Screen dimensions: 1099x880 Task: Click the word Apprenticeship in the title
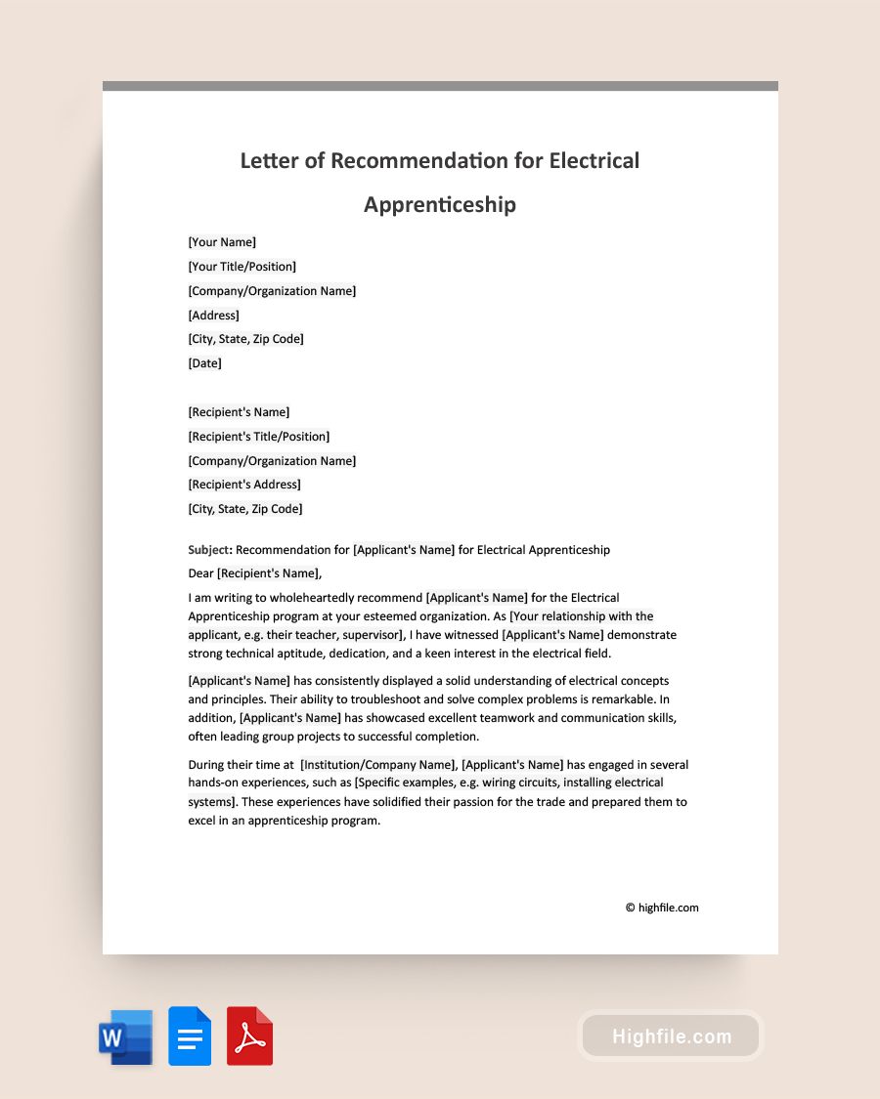click(440, 205)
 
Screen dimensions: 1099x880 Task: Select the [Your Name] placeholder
click(222, 242)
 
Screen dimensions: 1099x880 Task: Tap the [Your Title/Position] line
click(242, 267)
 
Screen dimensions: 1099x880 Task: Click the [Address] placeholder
click(213, 316)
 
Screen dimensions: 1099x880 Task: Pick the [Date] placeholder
click(204, 363)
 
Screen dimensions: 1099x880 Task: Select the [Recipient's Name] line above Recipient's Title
click(239, 412)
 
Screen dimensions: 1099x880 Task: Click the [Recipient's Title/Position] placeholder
click(258, 437)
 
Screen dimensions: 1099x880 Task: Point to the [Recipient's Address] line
click(244, 485)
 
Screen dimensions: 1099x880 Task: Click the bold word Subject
click(207, 550)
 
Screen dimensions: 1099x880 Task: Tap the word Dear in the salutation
click(200, 573)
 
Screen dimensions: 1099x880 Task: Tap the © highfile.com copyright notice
click(662, 908)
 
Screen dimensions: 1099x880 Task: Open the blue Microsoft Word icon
click(125, 1036)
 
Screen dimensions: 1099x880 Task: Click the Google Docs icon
click(190, 1036)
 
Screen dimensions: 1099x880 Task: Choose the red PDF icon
click(249, 1036)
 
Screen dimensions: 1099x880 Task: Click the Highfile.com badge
click(671, 1036)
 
